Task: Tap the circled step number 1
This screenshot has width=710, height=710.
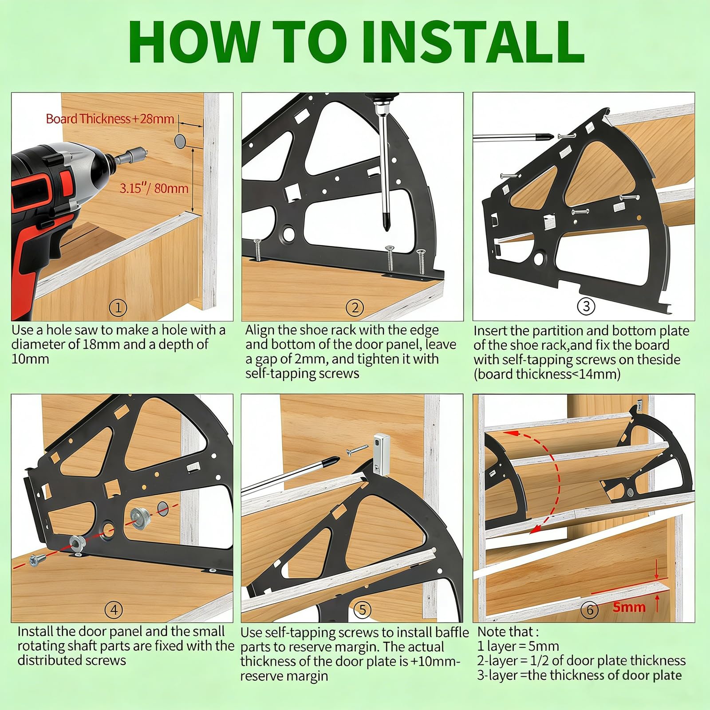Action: pyautogui.click(x=118, y=308)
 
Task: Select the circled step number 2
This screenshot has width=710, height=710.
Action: pyautogui.click(x=355, y=308)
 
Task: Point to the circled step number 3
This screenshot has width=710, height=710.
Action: pyautogui.click(x=586, y=306)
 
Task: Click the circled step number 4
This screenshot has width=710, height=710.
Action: pyautogui.click(x=114, y=610)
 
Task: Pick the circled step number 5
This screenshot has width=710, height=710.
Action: pyautogui.click(x=363, y=610)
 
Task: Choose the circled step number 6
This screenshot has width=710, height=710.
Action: pyautogui.click(x=590, y=610)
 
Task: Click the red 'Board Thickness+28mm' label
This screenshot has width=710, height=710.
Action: pyautogui.click(x=110, y=119)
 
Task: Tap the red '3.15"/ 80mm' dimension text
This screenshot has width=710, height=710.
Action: pyautogui.click(x=154, y=188)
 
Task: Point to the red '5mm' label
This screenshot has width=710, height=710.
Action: pyautogui.click(x=629, y=607)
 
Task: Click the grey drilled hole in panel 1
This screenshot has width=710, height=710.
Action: pyautogui.click(x=180, y=141)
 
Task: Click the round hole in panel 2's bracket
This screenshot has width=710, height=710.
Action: pyautogui.click(x=289, y=233)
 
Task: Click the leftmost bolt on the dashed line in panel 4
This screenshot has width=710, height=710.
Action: pyautogui.click(x=35, y=560)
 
